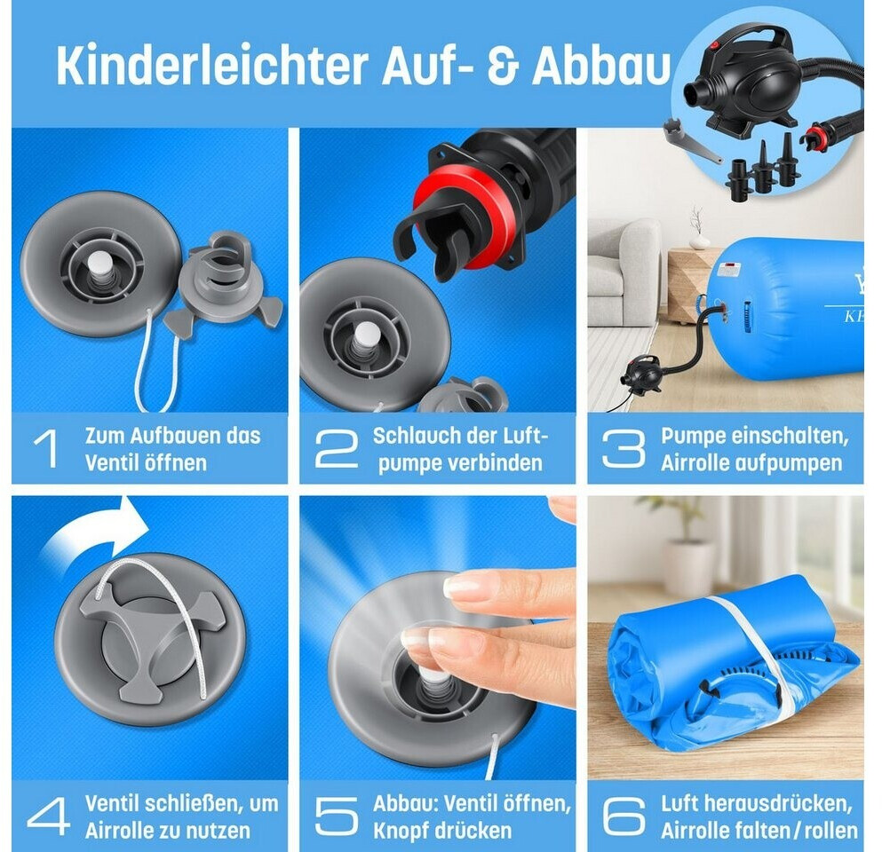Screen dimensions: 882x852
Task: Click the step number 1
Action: [47, 449]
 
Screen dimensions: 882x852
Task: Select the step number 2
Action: [337, 449]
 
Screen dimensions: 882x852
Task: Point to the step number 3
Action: [624, 449]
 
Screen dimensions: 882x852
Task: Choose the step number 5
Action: [337, 816]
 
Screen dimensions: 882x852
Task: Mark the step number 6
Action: [624, 816]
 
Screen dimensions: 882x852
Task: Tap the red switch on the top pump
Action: [717, 45]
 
